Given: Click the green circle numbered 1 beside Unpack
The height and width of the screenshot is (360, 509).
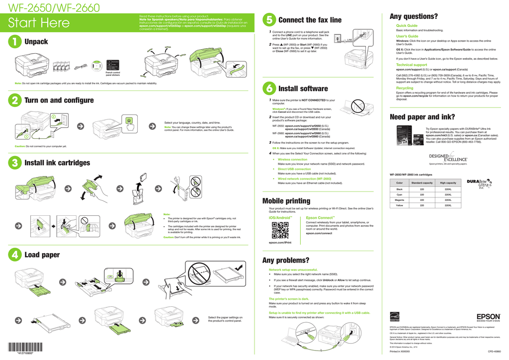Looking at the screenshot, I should (15, 42).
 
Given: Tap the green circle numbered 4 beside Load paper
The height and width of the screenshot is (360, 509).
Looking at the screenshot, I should (15, 255).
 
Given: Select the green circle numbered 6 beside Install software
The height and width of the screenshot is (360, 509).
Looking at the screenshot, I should (268, 89).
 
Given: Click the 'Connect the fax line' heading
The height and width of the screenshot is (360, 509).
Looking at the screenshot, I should (310, 20).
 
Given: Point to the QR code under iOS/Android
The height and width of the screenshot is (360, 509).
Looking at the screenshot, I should (280, 230).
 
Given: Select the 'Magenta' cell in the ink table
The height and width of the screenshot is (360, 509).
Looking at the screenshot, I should (399, 200).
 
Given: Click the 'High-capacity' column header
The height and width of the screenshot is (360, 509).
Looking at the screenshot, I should (448, 183).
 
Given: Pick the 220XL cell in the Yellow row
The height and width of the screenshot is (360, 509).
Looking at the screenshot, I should (448, 205).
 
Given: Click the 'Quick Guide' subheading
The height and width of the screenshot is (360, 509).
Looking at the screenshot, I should (407, 25).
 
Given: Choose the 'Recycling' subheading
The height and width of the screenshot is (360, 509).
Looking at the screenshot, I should (404, 88).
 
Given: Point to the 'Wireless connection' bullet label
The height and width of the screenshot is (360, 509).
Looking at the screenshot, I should (292, 160).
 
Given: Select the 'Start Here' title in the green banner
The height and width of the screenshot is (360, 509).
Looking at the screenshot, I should (39, 23).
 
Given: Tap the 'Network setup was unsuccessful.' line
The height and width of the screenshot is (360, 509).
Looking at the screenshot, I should (296, 270).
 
